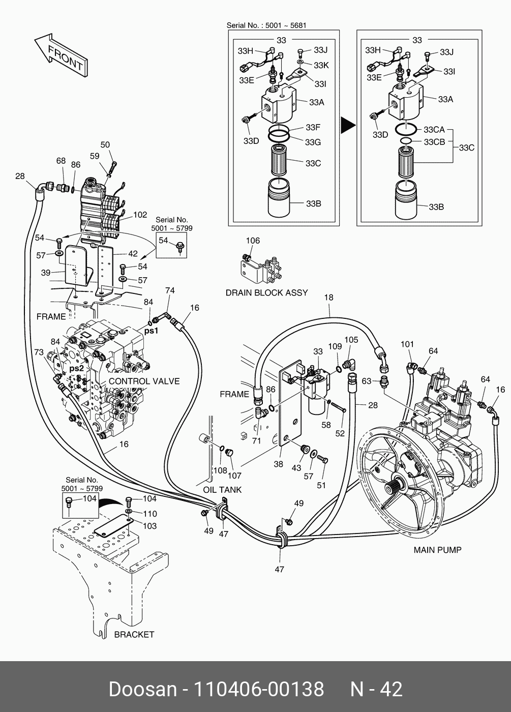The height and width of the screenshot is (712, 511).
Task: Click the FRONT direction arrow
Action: (59, 55)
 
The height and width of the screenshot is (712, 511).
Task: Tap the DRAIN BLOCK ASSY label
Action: (266, 292)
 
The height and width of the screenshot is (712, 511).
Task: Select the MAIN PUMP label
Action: (437, 550)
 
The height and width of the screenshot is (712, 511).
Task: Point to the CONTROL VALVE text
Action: (144, 381)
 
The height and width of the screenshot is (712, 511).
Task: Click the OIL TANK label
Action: (222, 490)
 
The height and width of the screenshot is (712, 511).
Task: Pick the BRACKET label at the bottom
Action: (134, 634)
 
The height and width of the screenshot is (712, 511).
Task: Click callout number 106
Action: (252, 241)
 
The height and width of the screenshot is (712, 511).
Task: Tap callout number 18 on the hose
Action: (328, 298)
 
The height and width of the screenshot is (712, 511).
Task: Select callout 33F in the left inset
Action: (313, 127)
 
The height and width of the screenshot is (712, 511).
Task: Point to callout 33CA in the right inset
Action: (434, 130)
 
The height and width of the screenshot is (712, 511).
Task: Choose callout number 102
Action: (140, 215)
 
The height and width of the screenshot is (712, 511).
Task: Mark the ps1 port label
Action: (152, 331)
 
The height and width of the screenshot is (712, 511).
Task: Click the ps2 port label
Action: (76, 368)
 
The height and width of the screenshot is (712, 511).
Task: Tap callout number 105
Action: (351, 340)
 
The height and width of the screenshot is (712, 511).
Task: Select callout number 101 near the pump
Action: (407, 344)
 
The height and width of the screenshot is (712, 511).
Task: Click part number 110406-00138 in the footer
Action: (259, 689)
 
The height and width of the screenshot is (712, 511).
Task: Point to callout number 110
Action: (149, 514)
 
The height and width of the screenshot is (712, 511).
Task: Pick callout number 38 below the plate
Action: (278, 464)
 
